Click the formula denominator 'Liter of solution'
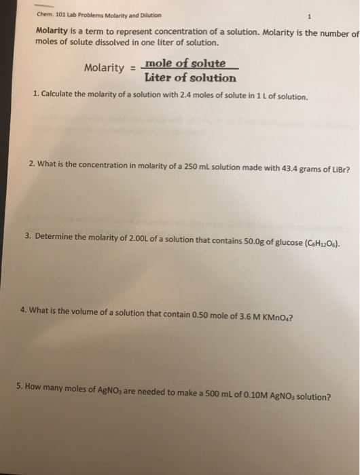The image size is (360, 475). (191, 77)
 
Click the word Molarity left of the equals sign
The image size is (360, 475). (104, 68)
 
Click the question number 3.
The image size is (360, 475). (27, 236)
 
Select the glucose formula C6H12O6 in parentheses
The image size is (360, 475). (316, 243)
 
